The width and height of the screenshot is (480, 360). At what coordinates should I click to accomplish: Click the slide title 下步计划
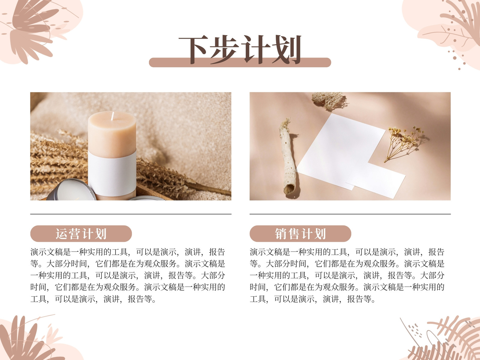tap(240, 50)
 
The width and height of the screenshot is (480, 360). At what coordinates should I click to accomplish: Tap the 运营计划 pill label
tap(81, 234)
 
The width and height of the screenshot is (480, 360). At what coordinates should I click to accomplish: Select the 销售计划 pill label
tap(300, 234)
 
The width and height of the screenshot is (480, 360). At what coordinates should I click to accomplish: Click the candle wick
tap(112, 116)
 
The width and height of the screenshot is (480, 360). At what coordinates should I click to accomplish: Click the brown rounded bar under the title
tap(240, 62)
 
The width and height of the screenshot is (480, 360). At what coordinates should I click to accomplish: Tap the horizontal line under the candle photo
tap(131, 214)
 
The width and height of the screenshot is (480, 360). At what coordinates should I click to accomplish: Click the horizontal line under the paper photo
tap(350, 214)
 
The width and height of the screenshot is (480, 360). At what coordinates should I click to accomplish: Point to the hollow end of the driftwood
tap(289, 189)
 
